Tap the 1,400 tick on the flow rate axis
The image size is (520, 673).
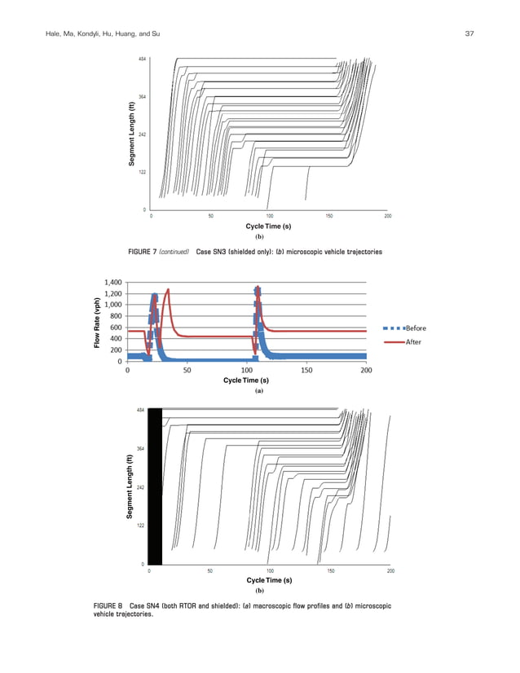112,283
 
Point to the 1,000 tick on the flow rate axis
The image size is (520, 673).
112,305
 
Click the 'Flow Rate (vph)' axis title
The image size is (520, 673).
96,323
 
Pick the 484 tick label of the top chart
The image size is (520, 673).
142,60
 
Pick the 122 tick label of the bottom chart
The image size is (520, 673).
142,526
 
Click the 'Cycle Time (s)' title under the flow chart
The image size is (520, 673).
246,380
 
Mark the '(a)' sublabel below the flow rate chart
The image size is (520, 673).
259,391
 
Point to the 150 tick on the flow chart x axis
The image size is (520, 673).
306,370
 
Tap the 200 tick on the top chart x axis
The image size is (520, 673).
388,216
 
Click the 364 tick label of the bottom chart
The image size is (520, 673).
142,449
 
